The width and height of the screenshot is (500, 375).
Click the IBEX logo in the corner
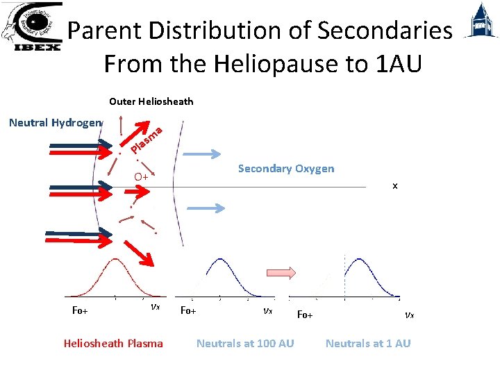click(x=32, y=27)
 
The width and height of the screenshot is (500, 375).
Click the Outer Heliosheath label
click(x=151, y=101)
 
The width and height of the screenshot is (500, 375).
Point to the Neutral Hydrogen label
click(x=54, y=123)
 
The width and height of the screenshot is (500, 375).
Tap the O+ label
click(x=142, y=176)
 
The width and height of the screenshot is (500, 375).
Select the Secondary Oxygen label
click(x=285, y=169)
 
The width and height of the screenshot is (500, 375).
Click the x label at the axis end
click(x=394, y=186)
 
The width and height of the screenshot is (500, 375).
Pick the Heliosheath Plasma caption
click(x=113, y=343)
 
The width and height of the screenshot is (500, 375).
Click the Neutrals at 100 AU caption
click(x=245, y=343)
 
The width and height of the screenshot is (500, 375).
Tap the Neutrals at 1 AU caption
click(x=368, y=343)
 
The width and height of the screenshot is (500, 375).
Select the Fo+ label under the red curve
click(x=80, y=310)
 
